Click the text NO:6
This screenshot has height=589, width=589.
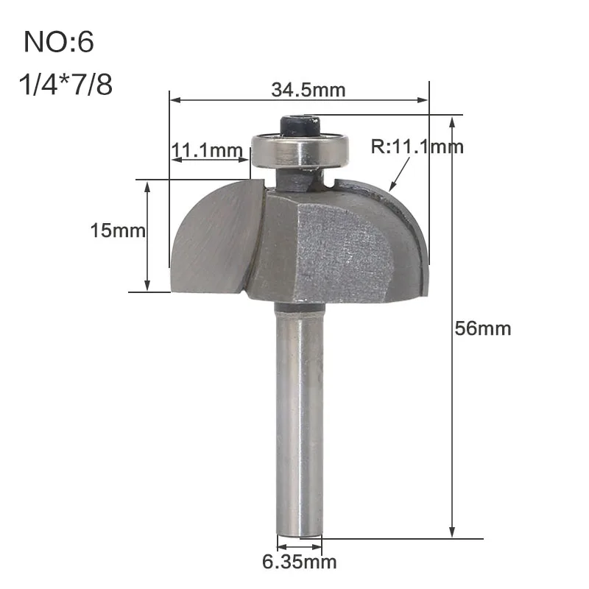click(59, 42)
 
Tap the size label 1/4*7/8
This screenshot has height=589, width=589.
click(66, 84)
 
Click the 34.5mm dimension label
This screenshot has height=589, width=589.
click(308, 90)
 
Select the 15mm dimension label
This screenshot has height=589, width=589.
click(118, 230)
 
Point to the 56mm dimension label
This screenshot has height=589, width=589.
click(483, 328)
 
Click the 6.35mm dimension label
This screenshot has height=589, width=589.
click(299, 562)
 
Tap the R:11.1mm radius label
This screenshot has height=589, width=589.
click(417, 147)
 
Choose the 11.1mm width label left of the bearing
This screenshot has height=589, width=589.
click(207, 150)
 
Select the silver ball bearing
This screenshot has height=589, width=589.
click(300, 150)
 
